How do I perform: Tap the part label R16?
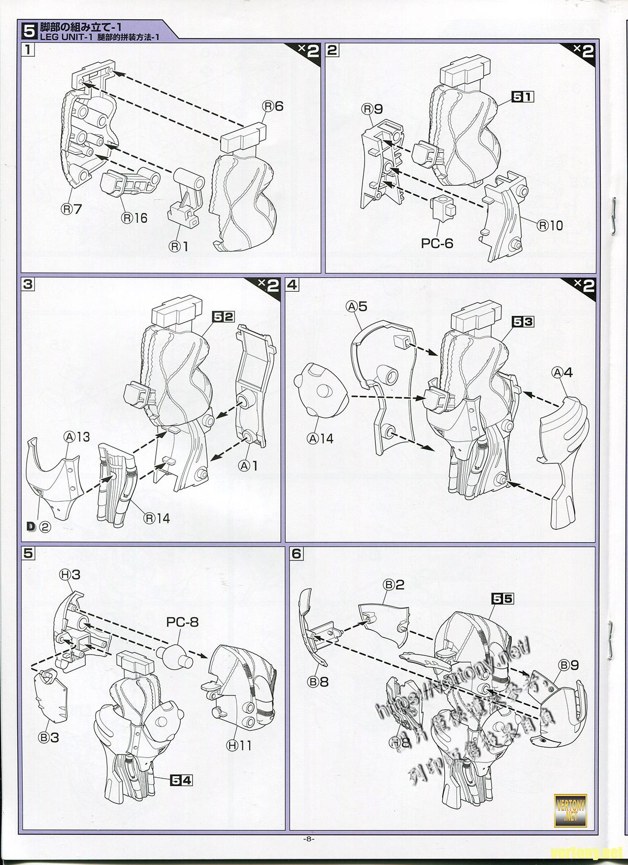click(134, 217)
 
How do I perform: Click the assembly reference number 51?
click(523, 97)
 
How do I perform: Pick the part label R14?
click(156, 518)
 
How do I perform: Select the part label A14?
click(320, 438)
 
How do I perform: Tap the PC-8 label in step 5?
click(182, 622)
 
